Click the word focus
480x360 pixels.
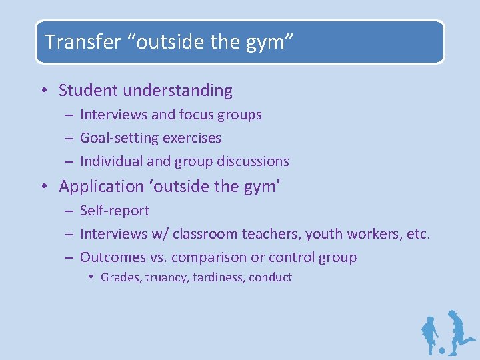[197, 115]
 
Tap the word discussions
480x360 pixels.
[253, 161]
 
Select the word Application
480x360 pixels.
[101, 187]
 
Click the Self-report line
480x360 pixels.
[115, 211]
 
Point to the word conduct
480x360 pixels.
[271, 277]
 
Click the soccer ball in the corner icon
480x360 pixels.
[441, 350]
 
